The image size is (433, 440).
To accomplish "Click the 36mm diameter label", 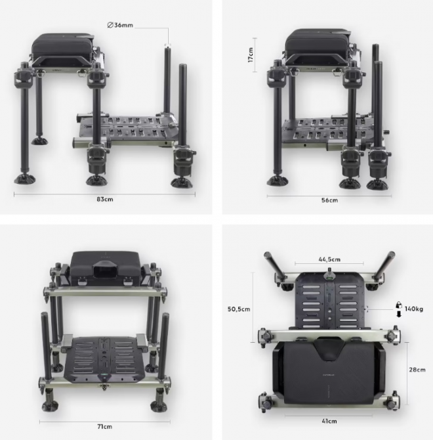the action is (x=120, y=25).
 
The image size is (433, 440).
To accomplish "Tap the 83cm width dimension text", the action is (x=105, y=199).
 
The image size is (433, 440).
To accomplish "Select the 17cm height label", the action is (x=251, y=55).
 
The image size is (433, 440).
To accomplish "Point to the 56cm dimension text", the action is (x=329, y=200).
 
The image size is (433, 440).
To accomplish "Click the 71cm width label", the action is (x=105, y=427).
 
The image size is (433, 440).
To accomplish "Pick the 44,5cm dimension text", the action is (x=329, y=259).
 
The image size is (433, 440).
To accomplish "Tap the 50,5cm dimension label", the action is (x=239, y=309).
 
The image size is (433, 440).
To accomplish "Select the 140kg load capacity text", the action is (x=414, y=309).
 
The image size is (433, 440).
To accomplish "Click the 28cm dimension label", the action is (x=417, y=370).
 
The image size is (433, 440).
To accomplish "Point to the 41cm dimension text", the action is (x=329, y=421).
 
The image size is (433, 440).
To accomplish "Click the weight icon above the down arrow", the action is (x=399, y=305).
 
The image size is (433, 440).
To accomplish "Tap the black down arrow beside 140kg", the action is (x=399, y=315).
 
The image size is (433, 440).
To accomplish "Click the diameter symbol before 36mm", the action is (x=110, y=25).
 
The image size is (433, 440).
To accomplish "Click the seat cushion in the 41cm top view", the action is (x=329, y=373).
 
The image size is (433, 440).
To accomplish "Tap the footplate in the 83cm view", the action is (x=127, y=130).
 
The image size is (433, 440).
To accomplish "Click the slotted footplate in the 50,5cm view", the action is (x=329, y=301).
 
